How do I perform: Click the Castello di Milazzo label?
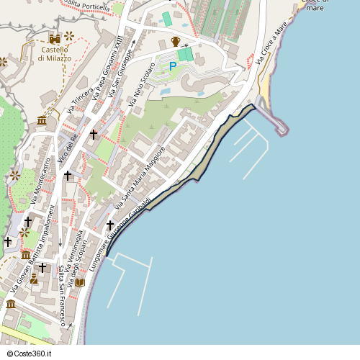click(x=55, y=53)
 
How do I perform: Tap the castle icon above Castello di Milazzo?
click(x=55, y=37)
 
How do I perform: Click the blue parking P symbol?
click(x=173, y=66)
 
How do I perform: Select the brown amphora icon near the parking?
click(x=176, y=40)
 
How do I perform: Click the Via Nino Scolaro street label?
click(x=143, y=86)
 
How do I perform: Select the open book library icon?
click(x=79, y=283)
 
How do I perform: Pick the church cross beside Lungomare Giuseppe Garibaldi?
click(x=110, y=225)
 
